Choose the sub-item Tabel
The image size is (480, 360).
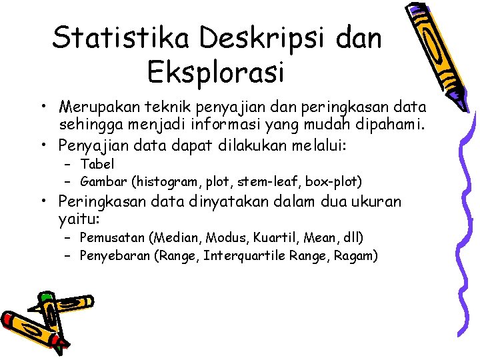point(97,164)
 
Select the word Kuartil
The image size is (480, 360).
point(275,237)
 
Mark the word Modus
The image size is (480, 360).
point(227,237)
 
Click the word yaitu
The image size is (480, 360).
point(79,219)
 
